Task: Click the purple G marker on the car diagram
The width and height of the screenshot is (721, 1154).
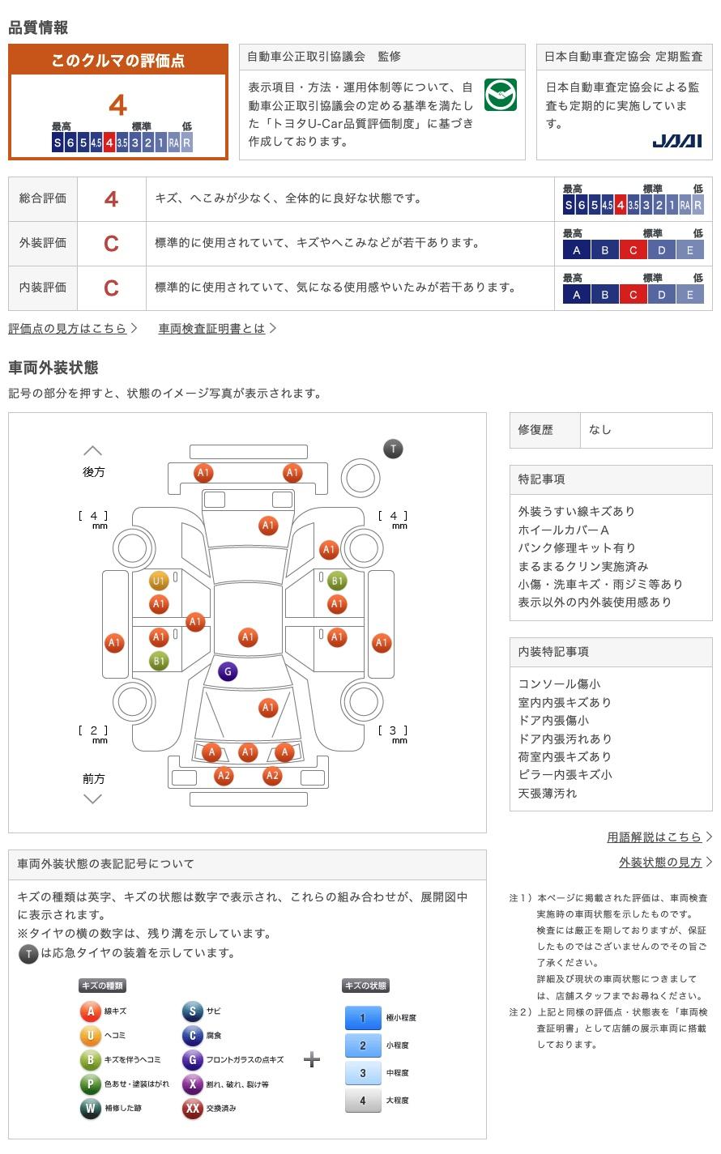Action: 228,671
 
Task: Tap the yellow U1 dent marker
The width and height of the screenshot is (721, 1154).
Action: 159,581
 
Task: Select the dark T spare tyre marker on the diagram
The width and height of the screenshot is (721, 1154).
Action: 393,449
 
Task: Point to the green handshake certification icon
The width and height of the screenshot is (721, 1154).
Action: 500,96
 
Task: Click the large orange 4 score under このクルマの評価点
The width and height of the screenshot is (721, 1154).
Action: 117,106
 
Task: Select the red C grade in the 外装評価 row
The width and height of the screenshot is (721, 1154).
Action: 111,244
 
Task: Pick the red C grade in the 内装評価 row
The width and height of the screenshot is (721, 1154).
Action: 111,288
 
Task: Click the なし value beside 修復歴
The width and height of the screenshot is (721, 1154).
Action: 600,430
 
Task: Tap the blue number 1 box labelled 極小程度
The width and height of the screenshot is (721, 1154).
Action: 363,1019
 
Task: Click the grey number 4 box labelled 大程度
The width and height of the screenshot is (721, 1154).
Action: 363,1101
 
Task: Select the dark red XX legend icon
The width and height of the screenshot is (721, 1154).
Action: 192,1108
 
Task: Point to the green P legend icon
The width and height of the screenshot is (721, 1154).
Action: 90,1084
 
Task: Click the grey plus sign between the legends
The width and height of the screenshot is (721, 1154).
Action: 312,1060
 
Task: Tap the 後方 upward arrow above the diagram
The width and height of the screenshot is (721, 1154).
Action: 93,450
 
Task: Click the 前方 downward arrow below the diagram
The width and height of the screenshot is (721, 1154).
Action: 93,799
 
